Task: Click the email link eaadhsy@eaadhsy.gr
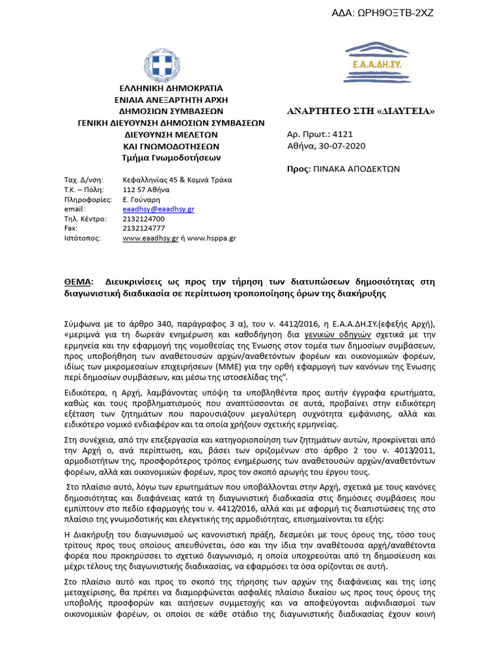[x=158, y=209]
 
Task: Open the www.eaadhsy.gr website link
[x=150, y=238]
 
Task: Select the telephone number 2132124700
[x=144, y=219]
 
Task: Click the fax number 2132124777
[x=144, y=229]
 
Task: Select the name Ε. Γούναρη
[x=141, y=199]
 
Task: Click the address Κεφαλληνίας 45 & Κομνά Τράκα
[x=177, y=180]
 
